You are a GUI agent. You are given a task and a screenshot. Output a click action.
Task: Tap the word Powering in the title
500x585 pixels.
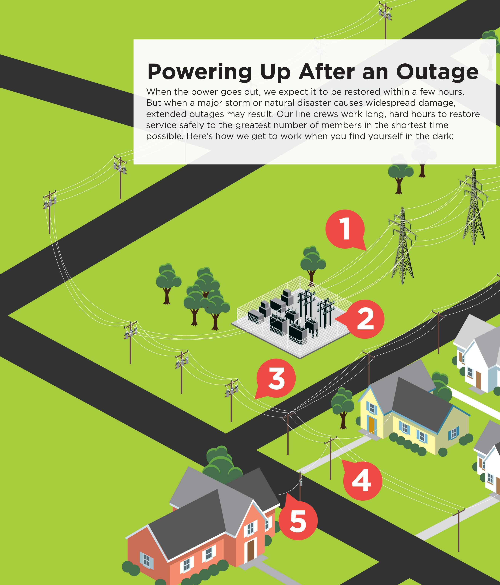(199, 73)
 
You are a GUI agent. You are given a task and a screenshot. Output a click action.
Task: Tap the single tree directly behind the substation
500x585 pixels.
(313, 262)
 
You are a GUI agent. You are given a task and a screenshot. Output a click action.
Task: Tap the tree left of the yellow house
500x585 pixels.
(343, 407)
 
